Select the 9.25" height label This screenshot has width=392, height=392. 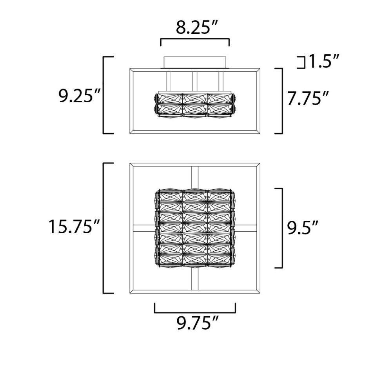(x=79, y=96)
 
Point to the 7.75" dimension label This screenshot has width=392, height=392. (x=307, y=98)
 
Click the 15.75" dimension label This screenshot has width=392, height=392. (x=74, y=227)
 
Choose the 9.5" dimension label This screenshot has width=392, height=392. (x=303, y=228)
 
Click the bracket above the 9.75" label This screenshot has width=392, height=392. (x=195, y=312)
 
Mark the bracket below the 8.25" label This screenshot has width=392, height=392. (x=195, y=39)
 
